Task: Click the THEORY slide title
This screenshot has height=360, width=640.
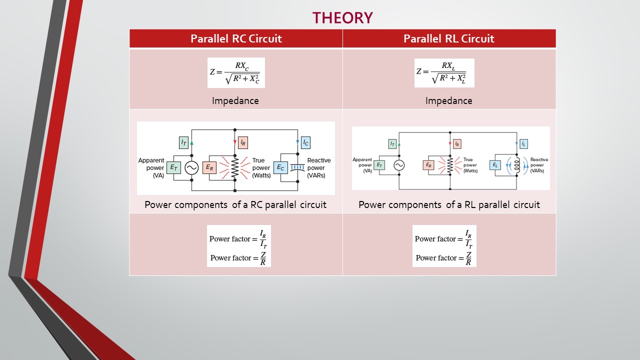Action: click(x=342, y=17)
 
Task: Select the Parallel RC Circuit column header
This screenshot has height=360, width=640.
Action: click(x=236, y=38)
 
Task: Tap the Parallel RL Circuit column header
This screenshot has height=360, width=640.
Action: click(x=449, y=38)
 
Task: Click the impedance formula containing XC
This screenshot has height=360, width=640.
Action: click(x=236, y=72)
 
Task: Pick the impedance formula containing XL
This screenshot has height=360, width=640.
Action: click(x=444, y=72)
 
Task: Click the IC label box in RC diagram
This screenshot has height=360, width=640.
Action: click(x=305, y=142)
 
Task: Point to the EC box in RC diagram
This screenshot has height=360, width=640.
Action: click(x=280, y=168)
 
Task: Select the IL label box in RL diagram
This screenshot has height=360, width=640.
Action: click(x=523, y=144)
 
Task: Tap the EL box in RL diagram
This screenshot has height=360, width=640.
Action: click(x=495, y=165)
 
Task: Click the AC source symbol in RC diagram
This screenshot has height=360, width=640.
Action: click(x=191, y=168)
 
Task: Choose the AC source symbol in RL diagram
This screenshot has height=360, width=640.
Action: click(x=399, y=165)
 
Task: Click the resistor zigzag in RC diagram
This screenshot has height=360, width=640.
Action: click(x=235, y=168)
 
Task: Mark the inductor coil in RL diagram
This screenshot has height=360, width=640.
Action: click(x=517, y=165)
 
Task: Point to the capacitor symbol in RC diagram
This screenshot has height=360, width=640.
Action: click(x=297, y=168)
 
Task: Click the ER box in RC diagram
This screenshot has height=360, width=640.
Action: click(x=210, y=168)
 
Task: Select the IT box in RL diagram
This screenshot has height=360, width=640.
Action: click(x=392, y=144)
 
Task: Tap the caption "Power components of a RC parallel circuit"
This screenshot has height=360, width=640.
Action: click(x=235, y=204)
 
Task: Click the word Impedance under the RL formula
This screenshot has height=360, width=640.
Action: click(x=448, y=100)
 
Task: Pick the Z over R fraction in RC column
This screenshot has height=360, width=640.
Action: click(x=263, y=258)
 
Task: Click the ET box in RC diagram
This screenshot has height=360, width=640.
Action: click(x=173, y=168)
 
